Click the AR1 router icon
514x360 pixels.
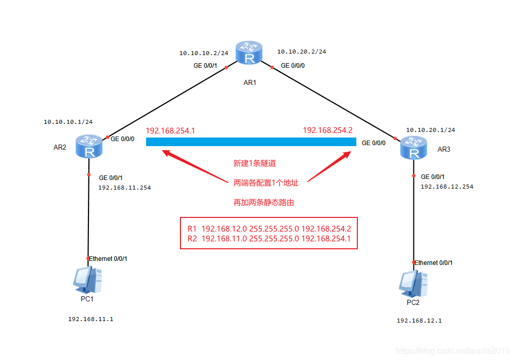(249, 54)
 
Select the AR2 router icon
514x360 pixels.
(89, 146)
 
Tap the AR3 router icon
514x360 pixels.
(413, 149)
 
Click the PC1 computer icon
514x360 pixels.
(87, 279)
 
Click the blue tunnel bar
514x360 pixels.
(251, 142)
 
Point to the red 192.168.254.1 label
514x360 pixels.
(170, 130)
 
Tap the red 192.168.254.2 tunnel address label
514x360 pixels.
(328, 130)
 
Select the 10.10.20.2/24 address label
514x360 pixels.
(301, 52)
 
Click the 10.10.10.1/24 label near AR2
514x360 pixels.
(68, 122)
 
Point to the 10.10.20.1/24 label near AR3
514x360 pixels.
(430, 130)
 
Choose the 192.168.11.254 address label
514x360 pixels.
(124, 188)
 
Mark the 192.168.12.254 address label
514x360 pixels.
(447, 187)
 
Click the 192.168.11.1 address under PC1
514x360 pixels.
(90, 320)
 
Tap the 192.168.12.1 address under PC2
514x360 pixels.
(419, 321)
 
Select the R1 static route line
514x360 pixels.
(269, 229)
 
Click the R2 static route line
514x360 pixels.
(269, 239)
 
